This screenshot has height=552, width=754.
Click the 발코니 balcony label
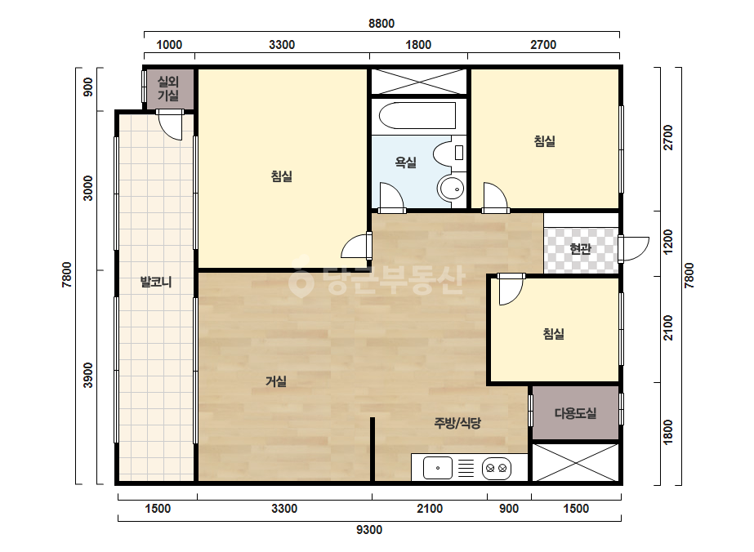coord(156,282)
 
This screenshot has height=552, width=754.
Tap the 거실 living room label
coord(276,381)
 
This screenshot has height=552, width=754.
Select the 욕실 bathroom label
coord(405,162)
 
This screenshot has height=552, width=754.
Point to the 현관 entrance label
coord(580,248)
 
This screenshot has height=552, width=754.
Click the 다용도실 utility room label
coord(576,413)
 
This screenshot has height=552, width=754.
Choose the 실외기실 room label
coord(168,88)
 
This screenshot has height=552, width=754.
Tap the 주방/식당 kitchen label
coord(457,423)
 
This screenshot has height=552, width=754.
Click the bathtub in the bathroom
coord(417,115)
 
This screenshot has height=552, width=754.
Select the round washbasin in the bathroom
coord(451,189)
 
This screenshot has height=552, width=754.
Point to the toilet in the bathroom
coord(449,153)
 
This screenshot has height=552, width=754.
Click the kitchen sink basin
coord(438,468)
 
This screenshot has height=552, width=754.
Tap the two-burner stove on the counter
coord(496,468)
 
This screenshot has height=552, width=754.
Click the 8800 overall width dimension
coord(381,24)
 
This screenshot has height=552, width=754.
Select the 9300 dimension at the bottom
coord(369,530)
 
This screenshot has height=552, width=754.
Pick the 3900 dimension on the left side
coord(88,375)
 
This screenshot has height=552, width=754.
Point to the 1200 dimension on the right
coord(668,243)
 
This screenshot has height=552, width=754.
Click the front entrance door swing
coord(634,248)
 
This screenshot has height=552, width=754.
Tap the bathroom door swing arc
coord(391,197)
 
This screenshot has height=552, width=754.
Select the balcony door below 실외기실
coord(170,125)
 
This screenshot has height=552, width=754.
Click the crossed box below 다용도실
coord(576,462)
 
